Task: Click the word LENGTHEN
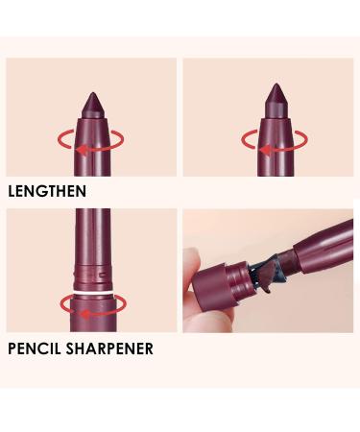47,191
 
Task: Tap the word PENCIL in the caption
35,348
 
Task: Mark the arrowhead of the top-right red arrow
266,148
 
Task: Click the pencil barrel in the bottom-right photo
317,240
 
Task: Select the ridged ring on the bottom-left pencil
92,275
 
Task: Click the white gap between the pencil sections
92,291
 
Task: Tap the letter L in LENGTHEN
12,191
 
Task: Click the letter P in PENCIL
12,348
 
